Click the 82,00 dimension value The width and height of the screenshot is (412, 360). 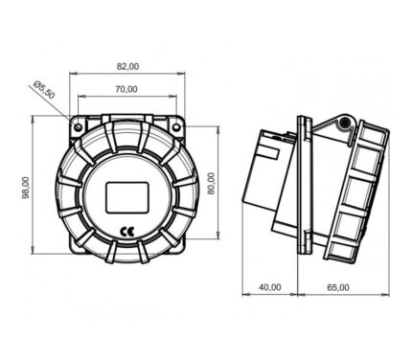[x=127, y=67]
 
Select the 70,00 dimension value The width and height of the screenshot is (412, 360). [x=126, y=89]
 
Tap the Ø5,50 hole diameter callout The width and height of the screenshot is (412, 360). [x=44, y=90]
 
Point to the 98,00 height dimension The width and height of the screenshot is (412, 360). [x=26, y=188]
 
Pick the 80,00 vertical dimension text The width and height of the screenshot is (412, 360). [x=211, y=184]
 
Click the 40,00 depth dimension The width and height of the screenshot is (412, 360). [x=270, y=287]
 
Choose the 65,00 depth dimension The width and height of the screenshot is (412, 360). [x=338, y=287]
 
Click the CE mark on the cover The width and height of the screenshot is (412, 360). [x=126, y=232]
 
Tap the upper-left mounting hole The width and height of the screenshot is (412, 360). [x=79, y=127]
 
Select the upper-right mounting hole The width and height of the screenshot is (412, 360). [x=176, y=127]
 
